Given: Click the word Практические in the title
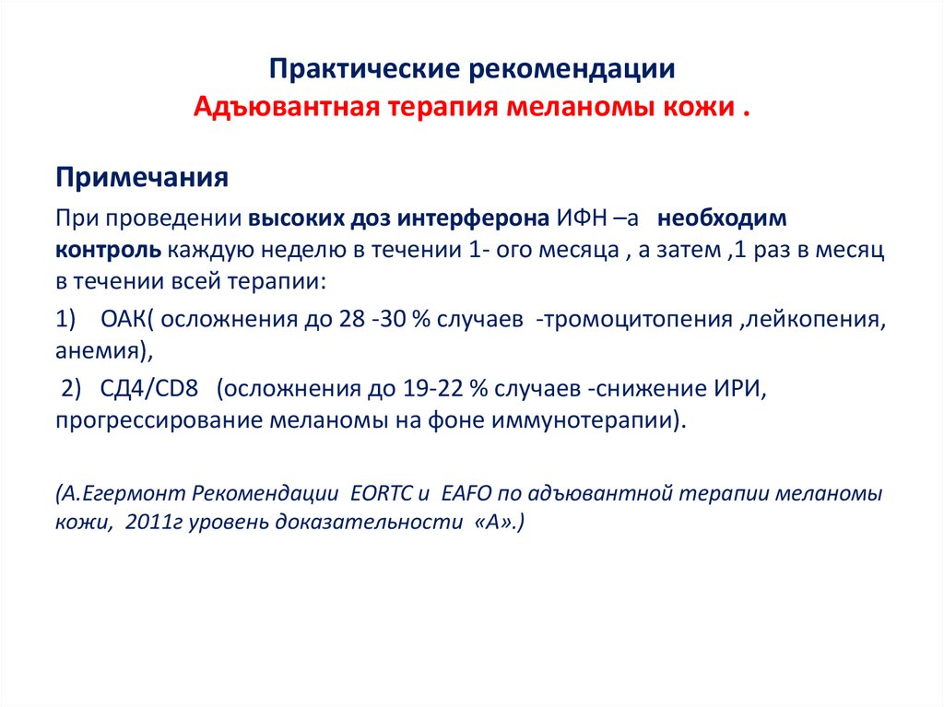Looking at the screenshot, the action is (365, 69).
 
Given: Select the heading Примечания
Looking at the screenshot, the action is (142, 178).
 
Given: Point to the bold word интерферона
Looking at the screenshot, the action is (473, 218).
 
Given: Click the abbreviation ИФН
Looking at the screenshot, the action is (581, 218).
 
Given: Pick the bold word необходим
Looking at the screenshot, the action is (722, 218).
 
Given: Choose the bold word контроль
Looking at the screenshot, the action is (109, 250).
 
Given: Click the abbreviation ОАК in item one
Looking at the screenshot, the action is (123, 319).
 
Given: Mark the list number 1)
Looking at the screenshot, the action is (65, 319).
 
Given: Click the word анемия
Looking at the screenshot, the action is (96, 351).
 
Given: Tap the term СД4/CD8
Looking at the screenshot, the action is (148, 389).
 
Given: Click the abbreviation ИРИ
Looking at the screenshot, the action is (737, 389).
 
